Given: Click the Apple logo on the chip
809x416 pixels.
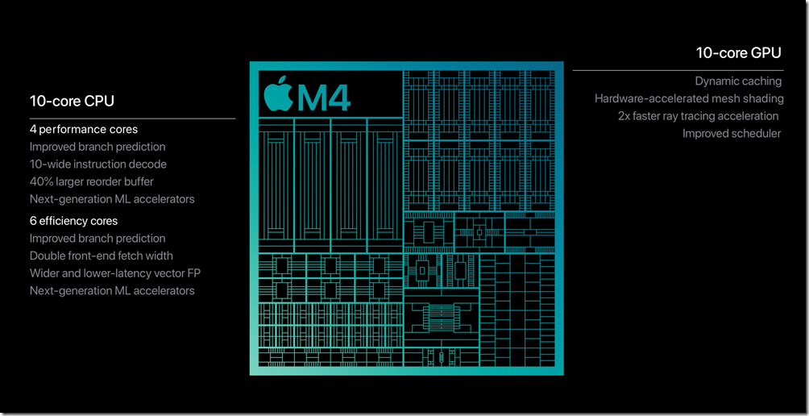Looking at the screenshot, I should [276, 95].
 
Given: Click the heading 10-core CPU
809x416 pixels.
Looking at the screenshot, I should [72, 101].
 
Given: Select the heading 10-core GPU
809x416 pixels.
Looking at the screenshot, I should [739, 53].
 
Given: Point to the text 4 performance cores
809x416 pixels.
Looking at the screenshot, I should [84, 129].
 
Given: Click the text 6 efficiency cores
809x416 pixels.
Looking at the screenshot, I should [73, 221].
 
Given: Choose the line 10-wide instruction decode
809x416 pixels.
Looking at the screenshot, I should [98, 164].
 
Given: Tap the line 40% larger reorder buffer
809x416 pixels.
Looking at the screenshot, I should [91, 181].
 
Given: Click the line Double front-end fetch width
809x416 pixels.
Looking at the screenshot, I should [102, 256].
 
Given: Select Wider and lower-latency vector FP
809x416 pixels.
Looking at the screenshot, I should [115, 273].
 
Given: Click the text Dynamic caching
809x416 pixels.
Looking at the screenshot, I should [738, 81].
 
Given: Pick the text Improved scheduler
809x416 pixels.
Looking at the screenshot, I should [732, 133].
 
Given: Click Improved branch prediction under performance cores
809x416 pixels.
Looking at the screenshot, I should [97, 147].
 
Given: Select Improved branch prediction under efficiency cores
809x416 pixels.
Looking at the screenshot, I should [97, 239].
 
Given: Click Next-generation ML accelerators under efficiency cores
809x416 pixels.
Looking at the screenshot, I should [112, 290].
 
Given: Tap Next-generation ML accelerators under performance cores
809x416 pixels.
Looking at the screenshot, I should [112, 199].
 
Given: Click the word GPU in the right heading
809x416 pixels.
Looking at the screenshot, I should [765, 53].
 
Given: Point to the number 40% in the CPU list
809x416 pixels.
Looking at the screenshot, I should [40, 181].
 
